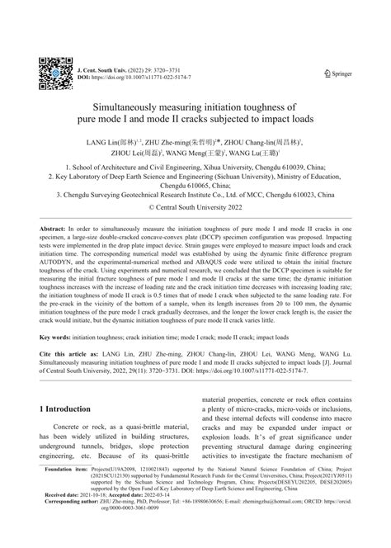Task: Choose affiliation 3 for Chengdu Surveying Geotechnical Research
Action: point(195,196)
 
